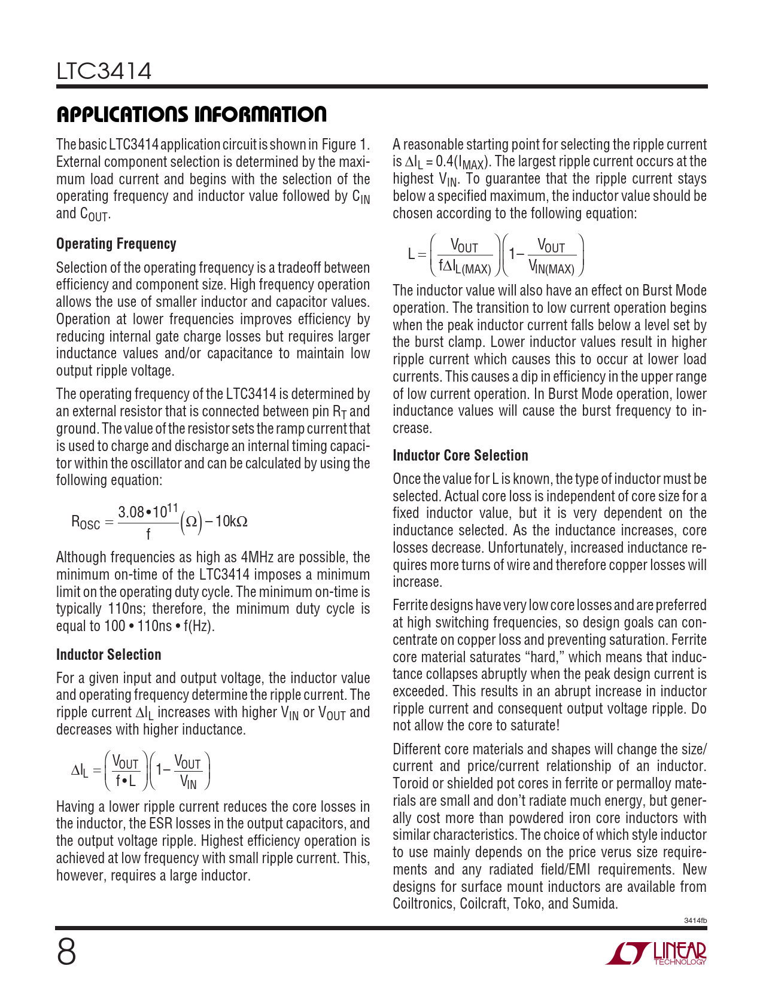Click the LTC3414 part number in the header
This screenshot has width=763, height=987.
click(104, 71)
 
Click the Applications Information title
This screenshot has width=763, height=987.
click(191, 114)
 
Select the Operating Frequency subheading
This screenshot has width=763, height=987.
click(116, 244)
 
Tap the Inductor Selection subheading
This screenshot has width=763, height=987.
click(108, 654)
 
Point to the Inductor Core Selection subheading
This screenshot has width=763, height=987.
click(460, 456)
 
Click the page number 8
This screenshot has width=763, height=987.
click(66, 952)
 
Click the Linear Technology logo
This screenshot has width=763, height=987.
click(656, 953)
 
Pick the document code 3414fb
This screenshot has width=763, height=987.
click(695, 920)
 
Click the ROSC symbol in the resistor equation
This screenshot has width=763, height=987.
click(86, 522)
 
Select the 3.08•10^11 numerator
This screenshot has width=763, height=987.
click(148, 512)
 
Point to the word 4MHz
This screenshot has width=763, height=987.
click(257, 558)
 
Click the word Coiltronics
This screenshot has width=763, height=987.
click(423, 904)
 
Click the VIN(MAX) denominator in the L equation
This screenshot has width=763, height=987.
click(551, 269)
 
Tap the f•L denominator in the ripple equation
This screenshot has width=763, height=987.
click(126, 781)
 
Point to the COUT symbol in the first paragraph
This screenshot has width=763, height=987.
click(94, 214)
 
